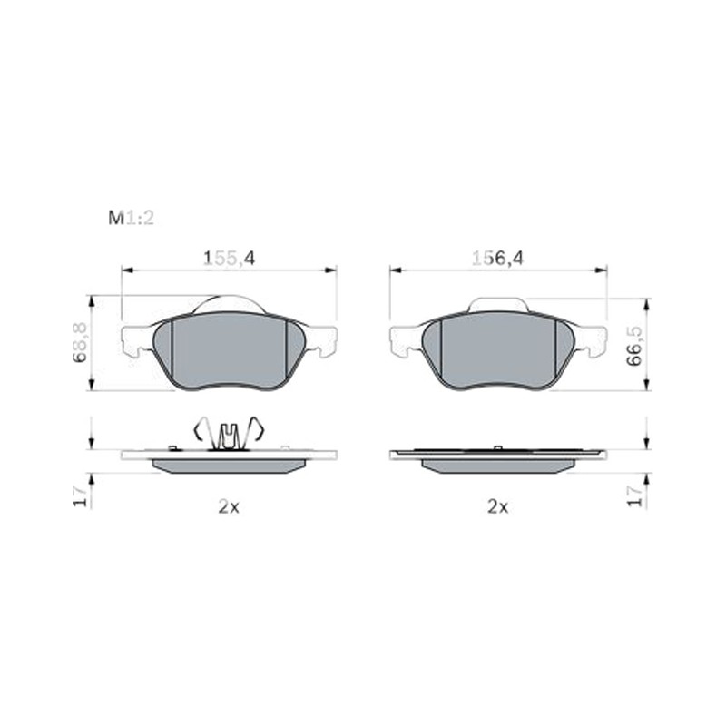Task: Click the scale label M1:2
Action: coord(131,218)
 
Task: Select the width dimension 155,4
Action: coord(230,259)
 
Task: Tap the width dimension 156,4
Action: coord(497,259)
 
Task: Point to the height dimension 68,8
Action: coord(80,343)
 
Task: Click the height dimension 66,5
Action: coord(634,346)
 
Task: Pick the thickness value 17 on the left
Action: coord(80,496)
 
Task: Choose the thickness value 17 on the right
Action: coord(634,496)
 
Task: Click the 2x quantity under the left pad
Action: coord(229,507)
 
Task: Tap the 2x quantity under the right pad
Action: coord(497,507)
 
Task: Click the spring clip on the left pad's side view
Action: coord(229,434)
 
